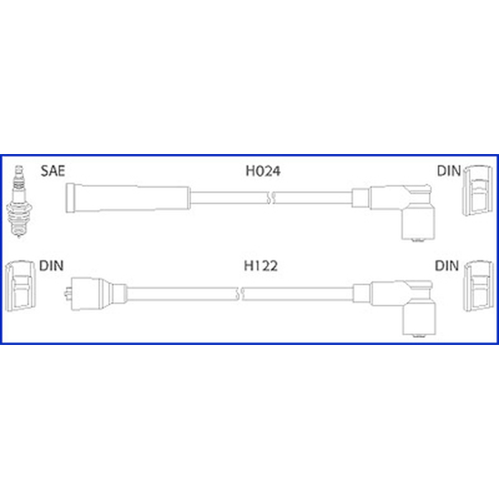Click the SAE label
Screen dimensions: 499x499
click(53, 171)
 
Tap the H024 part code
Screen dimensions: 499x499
click(263, 171)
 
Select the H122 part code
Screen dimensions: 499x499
click(261, 266)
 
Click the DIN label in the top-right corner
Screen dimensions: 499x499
click(448, 171)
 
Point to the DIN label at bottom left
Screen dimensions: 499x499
click(51, 266)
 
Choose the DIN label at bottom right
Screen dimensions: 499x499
click(447, 266)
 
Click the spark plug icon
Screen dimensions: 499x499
click(19, 201)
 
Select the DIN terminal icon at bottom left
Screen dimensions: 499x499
click(20, 286)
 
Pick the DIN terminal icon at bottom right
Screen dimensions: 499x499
click(478, 286)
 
